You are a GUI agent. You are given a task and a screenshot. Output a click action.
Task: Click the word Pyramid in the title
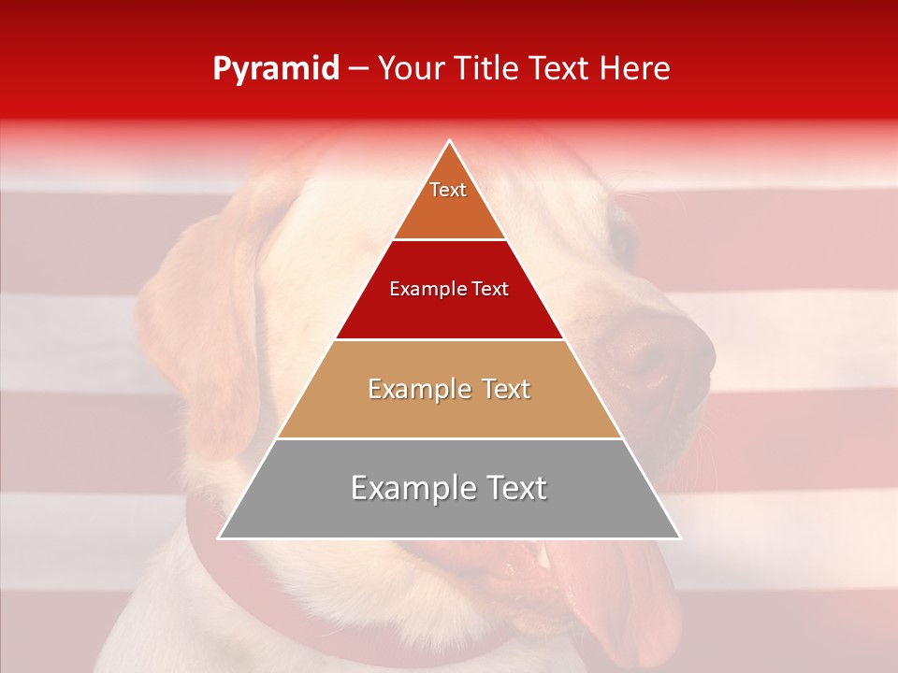pos(276,69)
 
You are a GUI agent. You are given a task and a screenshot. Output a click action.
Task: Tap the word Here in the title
pos(637,68)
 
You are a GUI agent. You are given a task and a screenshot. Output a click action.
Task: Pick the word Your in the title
pos(411,68)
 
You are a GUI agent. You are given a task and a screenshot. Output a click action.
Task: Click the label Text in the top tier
pos(448,190)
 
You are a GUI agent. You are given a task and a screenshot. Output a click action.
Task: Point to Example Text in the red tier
pos(449,289)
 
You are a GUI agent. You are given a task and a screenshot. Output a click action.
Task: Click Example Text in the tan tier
pos(449,389)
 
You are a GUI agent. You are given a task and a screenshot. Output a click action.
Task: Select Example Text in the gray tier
pos(449,488)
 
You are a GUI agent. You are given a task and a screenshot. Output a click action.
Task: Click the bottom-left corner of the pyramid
pos(219,538)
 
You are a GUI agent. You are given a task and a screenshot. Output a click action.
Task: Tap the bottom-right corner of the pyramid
pos(681,538)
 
